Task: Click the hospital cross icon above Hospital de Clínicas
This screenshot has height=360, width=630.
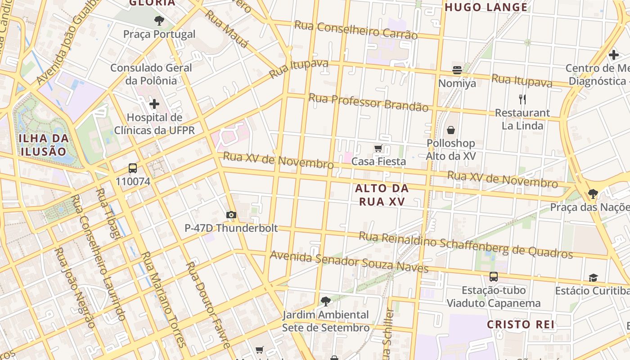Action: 154,104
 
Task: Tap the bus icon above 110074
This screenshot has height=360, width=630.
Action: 133,168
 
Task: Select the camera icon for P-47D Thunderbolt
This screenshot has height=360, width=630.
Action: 231,215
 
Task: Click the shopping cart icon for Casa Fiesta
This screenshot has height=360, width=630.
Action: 378,148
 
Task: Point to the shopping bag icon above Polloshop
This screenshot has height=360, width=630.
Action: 450,130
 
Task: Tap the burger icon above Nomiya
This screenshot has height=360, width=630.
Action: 457,70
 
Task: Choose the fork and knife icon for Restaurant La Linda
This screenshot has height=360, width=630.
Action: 522,99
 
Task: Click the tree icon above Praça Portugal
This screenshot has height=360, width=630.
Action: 159,20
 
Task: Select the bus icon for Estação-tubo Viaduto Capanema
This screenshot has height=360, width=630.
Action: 493,277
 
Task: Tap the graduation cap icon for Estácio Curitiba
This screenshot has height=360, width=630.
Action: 593,278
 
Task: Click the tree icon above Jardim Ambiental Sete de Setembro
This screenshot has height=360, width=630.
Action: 325,301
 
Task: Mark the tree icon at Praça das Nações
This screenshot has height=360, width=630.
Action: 593,194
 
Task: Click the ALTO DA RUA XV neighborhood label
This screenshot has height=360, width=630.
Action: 382,194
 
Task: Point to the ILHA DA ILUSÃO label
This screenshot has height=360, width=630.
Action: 44,144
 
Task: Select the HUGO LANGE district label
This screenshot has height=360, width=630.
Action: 486,7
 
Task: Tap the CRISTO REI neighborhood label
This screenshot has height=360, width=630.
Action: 521,324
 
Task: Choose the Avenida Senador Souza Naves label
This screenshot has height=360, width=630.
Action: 349,262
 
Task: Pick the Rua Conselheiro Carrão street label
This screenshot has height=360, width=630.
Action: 355,30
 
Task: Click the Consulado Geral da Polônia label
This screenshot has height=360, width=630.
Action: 151,74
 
